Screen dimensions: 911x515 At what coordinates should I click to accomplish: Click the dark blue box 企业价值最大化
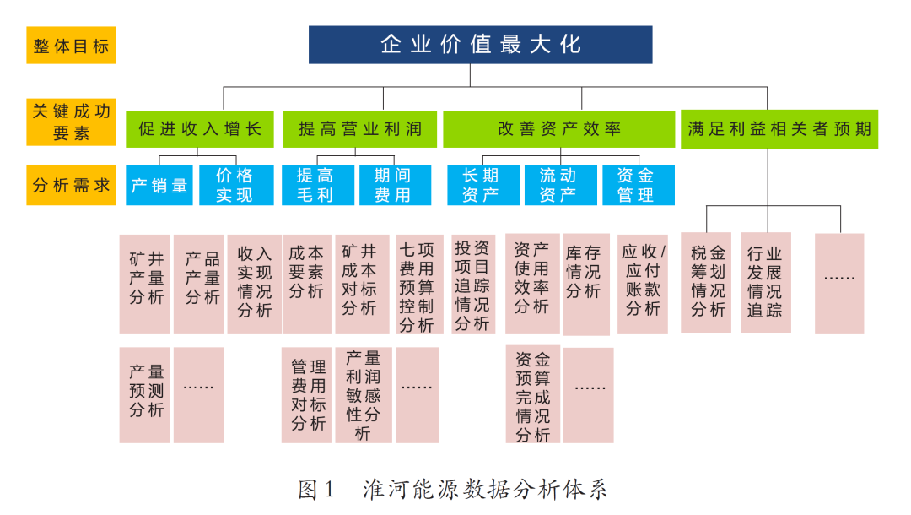coord(481,45)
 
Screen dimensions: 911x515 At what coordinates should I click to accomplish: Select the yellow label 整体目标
coord(71,46)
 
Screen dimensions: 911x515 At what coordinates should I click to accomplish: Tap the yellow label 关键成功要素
coord(71,122)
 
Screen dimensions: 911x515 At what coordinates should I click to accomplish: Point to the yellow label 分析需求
coord(71,186)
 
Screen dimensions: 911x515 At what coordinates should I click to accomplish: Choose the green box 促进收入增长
coord(200,129)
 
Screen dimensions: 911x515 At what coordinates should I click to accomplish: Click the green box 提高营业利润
coord(360,129)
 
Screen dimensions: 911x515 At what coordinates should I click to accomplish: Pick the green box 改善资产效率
coord(559,129)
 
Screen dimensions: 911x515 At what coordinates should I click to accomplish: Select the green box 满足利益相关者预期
coord(779,129)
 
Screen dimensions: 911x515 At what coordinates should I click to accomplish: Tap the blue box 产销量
coord(159,186)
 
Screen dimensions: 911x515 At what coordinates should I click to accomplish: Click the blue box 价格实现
coord(236,186)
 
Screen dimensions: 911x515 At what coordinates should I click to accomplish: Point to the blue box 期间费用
coord(395,186)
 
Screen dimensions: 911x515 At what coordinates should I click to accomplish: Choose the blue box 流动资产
coord(561,186)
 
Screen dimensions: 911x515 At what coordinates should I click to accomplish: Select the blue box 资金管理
coord(639,186)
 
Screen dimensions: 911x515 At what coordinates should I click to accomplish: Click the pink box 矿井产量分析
coord(145,285)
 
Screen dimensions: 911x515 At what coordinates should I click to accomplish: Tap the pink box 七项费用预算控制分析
coord(419,285)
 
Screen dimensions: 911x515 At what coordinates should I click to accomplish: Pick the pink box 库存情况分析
coord(586,285)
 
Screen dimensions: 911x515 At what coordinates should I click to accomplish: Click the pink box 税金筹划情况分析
coord(706,283)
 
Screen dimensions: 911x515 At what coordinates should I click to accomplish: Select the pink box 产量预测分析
coord(145,395)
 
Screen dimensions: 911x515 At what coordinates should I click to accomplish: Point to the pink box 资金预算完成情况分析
coord(533,394)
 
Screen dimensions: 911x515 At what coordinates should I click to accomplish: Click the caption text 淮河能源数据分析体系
coord(485,490)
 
